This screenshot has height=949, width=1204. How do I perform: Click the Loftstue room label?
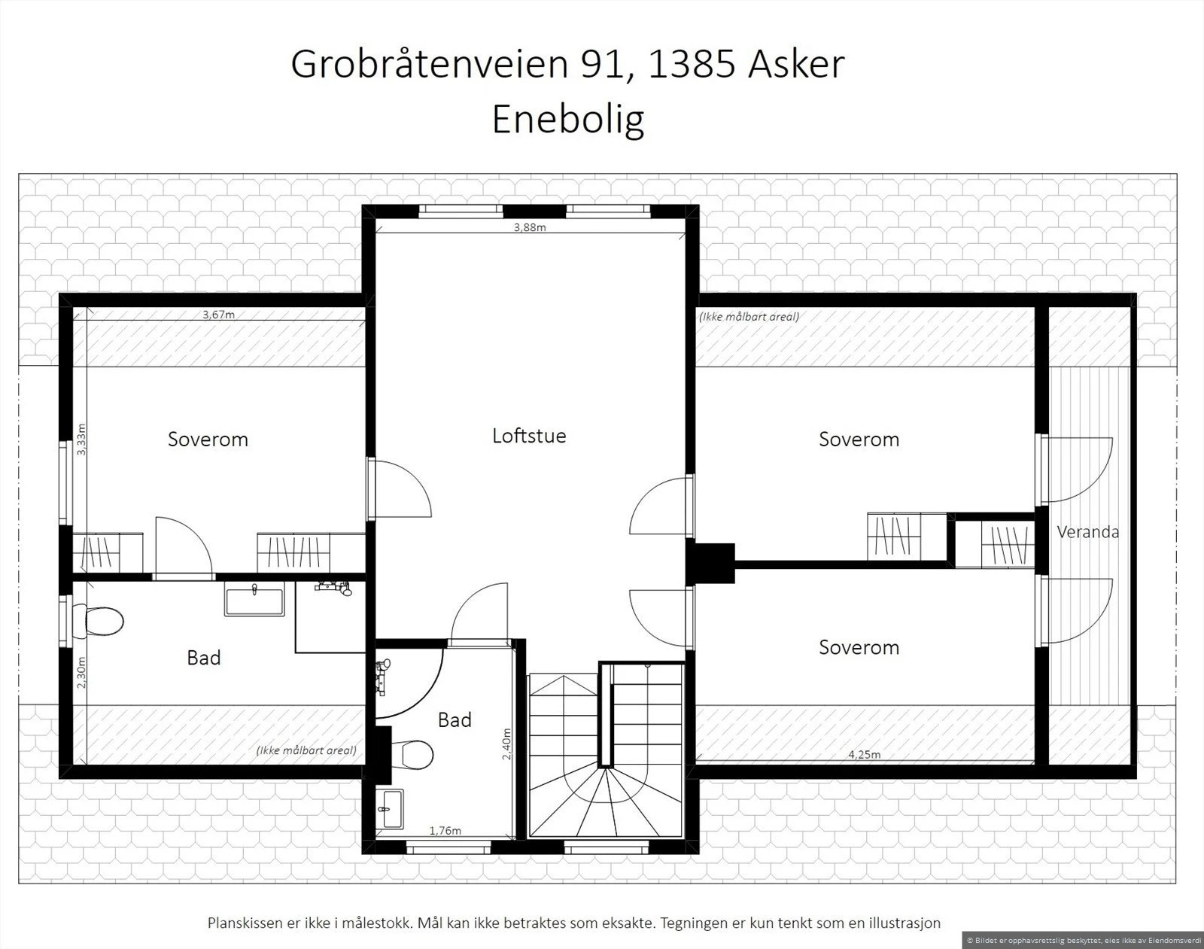coord(529,436)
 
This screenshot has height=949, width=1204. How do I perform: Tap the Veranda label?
coord(1087,532)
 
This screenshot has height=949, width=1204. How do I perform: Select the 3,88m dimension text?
coord(530,227)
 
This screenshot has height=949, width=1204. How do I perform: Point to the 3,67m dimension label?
coord(218,315)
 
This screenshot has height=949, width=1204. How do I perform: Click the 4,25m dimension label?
coord(864,755)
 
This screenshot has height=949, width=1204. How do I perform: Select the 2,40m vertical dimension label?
coord(506,744)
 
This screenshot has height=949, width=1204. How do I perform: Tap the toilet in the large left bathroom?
coord(104,622)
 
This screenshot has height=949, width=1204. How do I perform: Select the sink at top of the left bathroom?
coord(254,602)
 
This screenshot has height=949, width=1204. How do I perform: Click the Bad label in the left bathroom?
coord(203,658)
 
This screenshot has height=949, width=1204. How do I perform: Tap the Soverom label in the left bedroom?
coord(208,440)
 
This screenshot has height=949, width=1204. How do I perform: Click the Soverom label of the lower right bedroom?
coord(859,647)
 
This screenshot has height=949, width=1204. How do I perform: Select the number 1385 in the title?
coord(692,65)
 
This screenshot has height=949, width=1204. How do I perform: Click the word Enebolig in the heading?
coord(568,119)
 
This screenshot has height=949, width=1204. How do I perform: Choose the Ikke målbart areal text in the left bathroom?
coord(306,750)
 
